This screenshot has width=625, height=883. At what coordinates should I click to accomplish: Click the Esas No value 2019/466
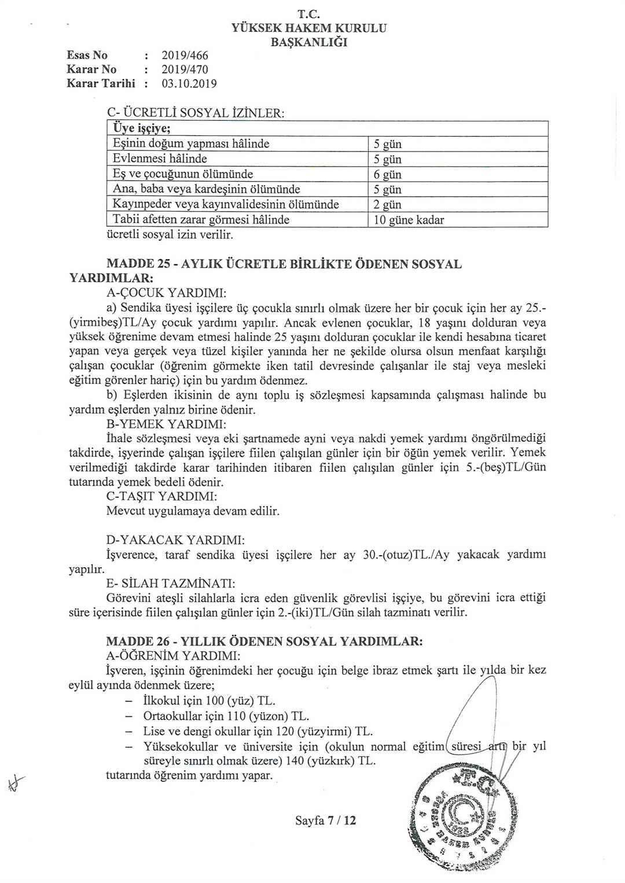click(x=185, y=56)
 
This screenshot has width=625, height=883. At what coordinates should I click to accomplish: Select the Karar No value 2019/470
click(x=185, y=69)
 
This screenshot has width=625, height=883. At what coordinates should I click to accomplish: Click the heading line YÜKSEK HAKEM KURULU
click(x=309, y=28)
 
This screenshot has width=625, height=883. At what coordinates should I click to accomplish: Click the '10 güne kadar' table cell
click(x=409, y=220)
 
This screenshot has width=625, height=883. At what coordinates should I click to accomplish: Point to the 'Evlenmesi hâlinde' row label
click(x=160, y=158)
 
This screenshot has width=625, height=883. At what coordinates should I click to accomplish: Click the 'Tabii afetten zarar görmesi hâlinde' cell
click(x=201, y=220)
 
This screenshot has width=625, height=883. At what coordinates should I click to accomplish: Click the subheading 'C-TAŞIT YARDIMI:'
click(x=162, y=497)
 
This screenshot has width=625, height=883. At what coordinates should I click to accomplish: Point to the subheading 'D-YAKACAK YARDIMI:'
click(x=175, y=540)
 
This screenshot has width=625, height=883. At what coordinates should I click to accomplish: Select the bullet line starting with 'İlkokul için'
click(x=200, y=701)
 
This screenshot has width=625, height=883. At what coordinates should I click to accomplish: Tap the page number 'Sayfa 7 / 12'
click(x=325, y=820)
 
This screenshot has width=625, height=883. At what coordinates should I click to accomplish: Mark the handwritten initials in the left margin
click(x=13, y=783)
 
